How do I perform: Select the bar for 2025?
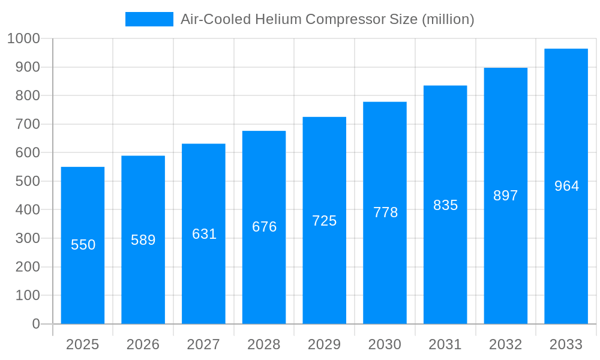point(83,245)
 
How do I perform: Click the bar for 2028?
point(264,227)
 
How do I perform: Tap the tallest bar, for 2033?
point(566,186)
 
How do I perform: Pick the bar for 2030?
point(385,213)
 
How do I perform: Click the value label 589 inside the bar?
point(143,240)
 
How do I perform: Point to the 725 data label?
point(325,221)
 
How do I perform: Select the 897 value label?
point(505,196)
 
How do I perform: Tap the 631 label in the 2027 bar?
point(204,234)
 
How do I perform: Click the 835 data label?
point(445,205)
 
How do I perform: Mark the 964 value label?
point(566,186)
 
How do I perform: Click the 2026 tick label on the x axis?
point(143,344)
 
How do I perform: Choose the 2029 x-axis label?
point(325,344)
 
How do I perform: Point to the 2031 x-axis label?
point(445,344)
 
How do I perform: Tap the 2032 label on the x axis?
point(505,344)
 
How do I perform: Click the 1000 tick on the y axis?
point(23,38)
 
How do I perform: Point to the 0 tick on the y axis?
point(36,324)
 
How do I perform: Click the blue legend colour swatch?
point(149,19)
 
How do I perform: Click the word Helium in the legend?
point(278,19)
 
